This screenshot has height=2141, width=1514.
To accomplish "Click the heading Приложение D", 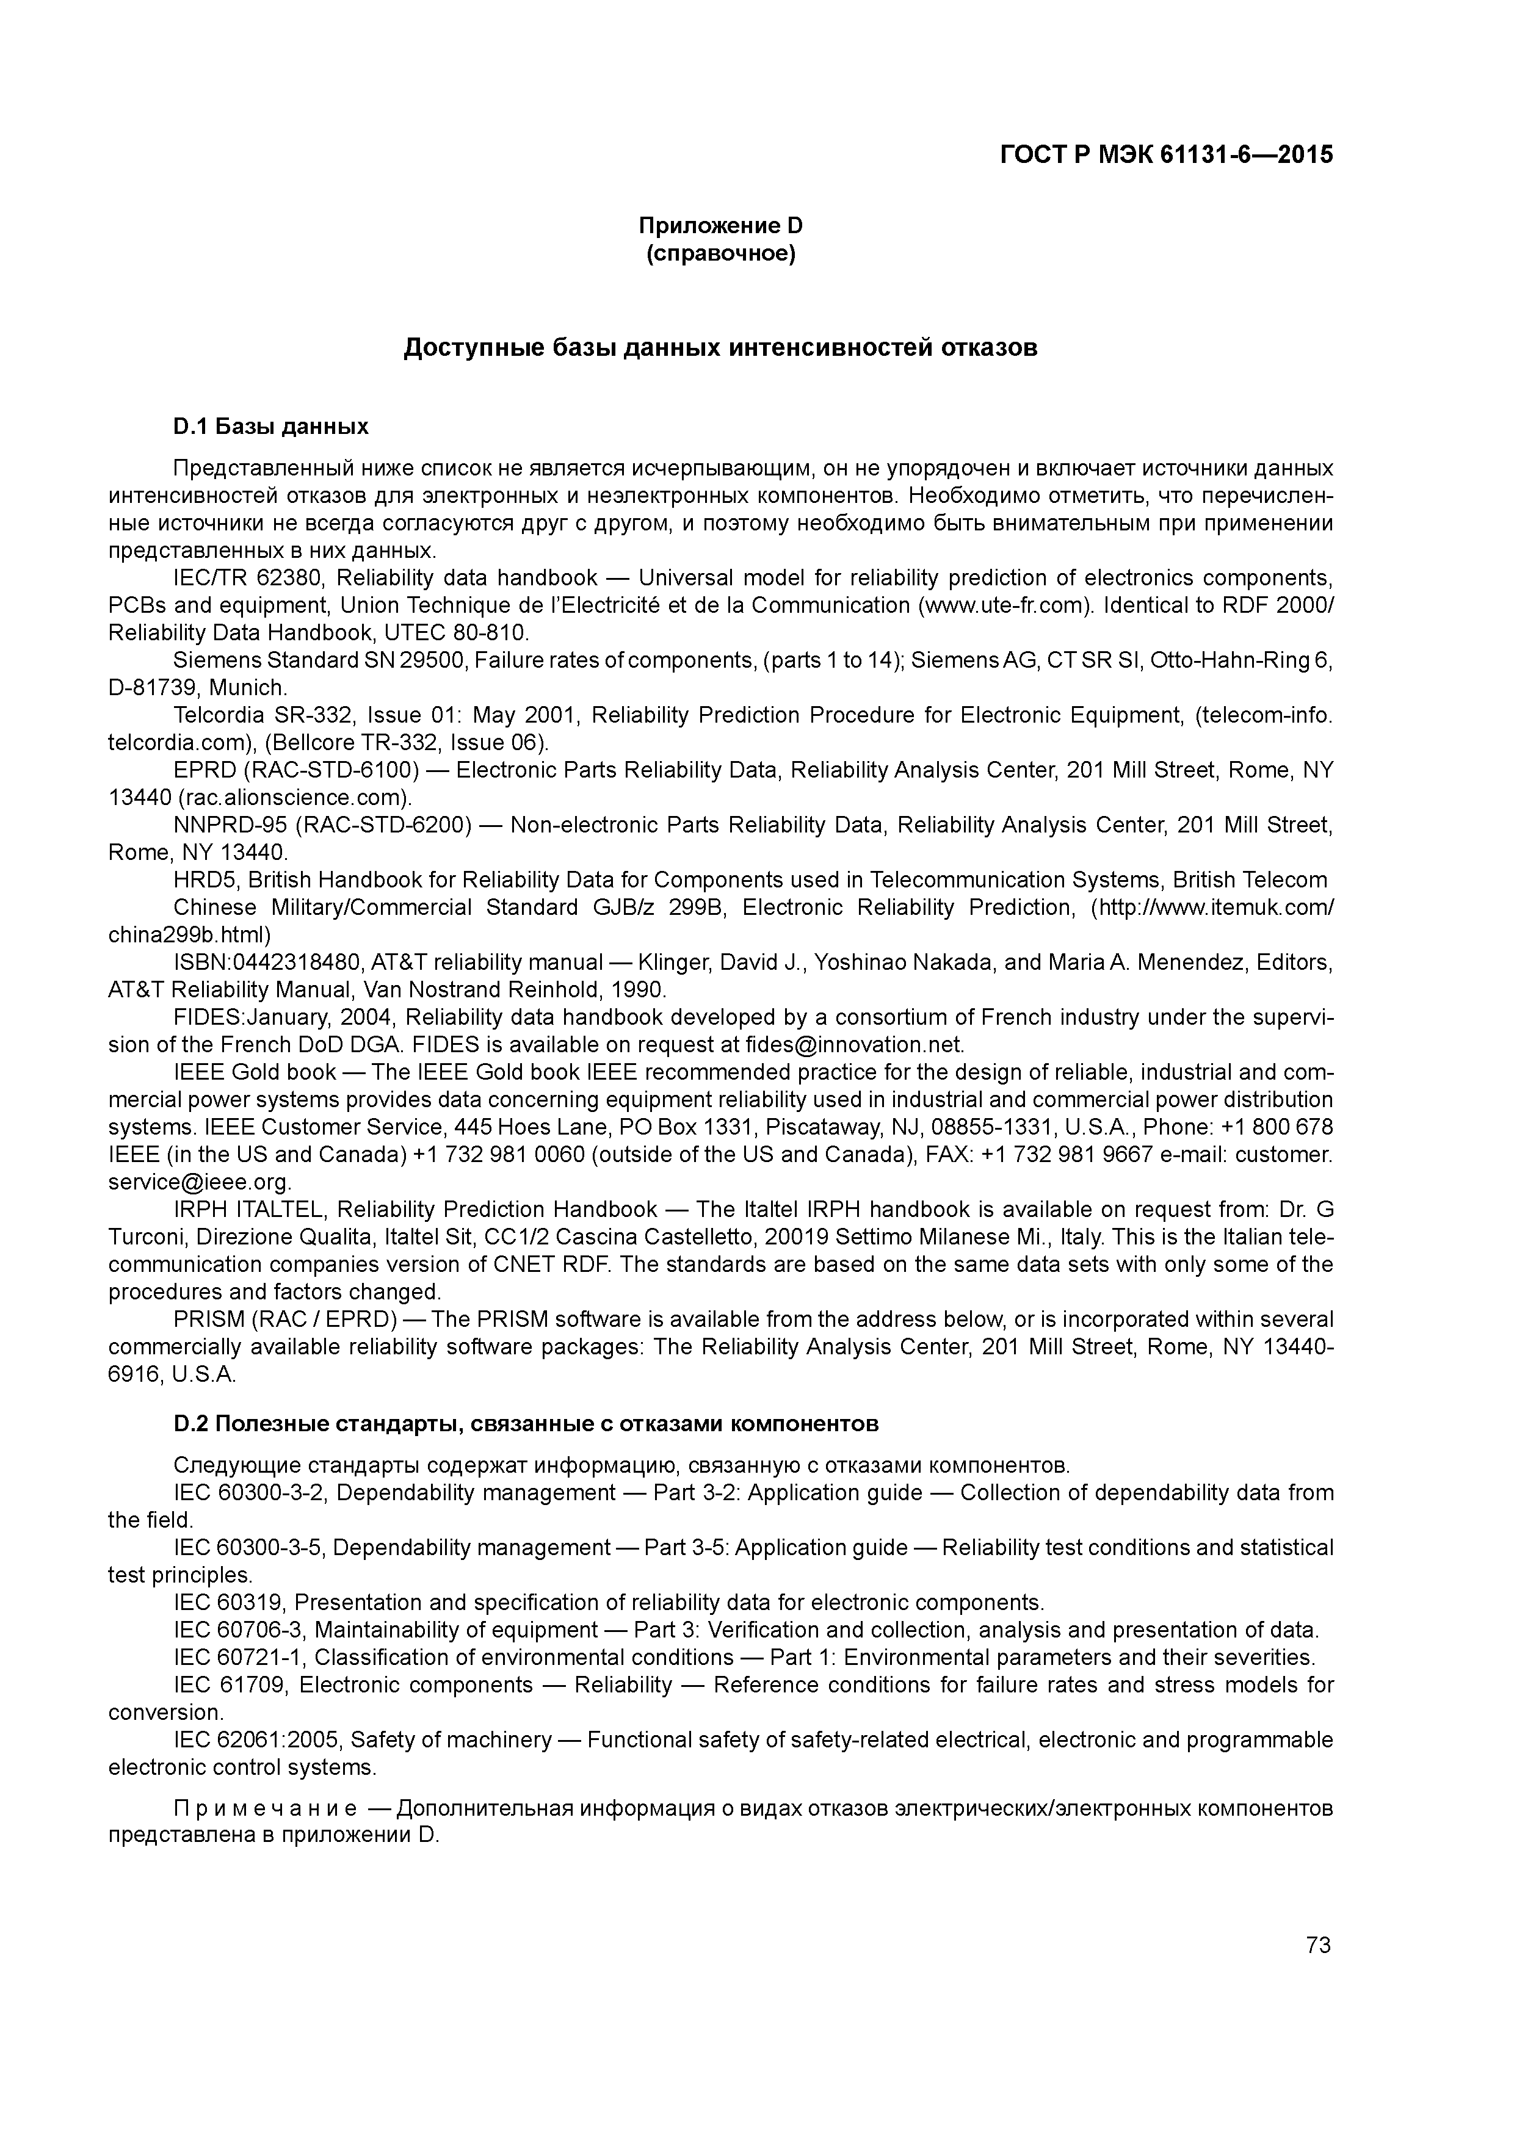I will (720, 226).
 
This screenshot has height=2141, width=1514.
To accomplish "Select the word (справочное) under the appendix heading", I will (720, 254).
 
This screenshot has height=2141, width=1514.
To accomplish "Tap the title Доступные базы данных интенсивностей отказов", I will (720, 348).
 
